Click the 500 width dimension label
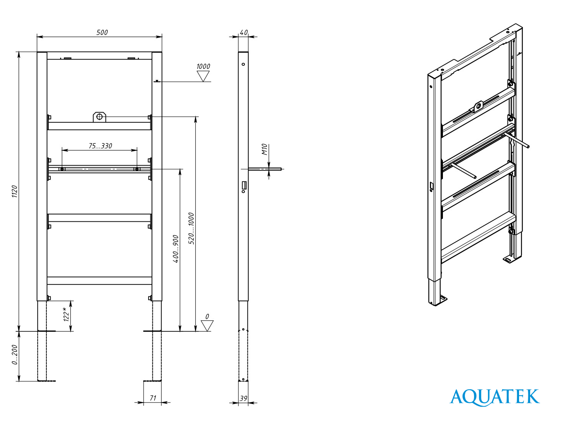tap(102, 32)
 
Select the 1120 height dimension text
tap(14, 191)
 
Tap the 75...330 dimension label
tap(100, 146)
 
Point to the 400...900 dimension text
tap(176, 249)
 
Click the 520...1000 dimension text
tap(191, 228)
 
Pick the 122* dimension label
tap(67, 314)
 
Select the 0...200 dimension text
tap(14, 355)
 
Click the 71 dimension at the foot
tap(153, 398)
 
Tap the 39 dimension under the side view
tap(243, 398)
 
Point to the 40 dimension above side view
tap(244, 33)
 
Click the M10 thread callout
tap(264, 149)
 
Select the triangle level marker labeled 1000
tap(203, 76)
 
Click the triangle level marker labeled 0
tap(207, 326)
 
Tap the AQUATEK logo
tap(494, 397)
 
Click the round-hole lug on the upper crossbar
tap(99, 117)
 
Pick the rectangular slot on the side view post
tap(244, 185)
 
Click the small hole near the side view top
tap(243, 64)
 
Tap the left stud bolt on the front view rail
tap(62, 169)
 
